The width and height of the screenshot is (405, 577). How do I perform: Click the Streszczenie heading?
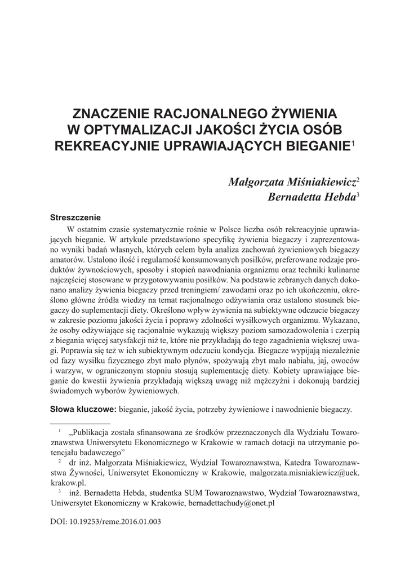[x=75, y=217]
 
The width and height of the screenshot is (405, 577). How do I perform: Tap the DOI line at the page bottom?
[x=106, y=521]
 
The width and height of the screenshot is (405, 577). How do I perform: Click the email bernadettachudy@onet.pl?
[x=231, y=501]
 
